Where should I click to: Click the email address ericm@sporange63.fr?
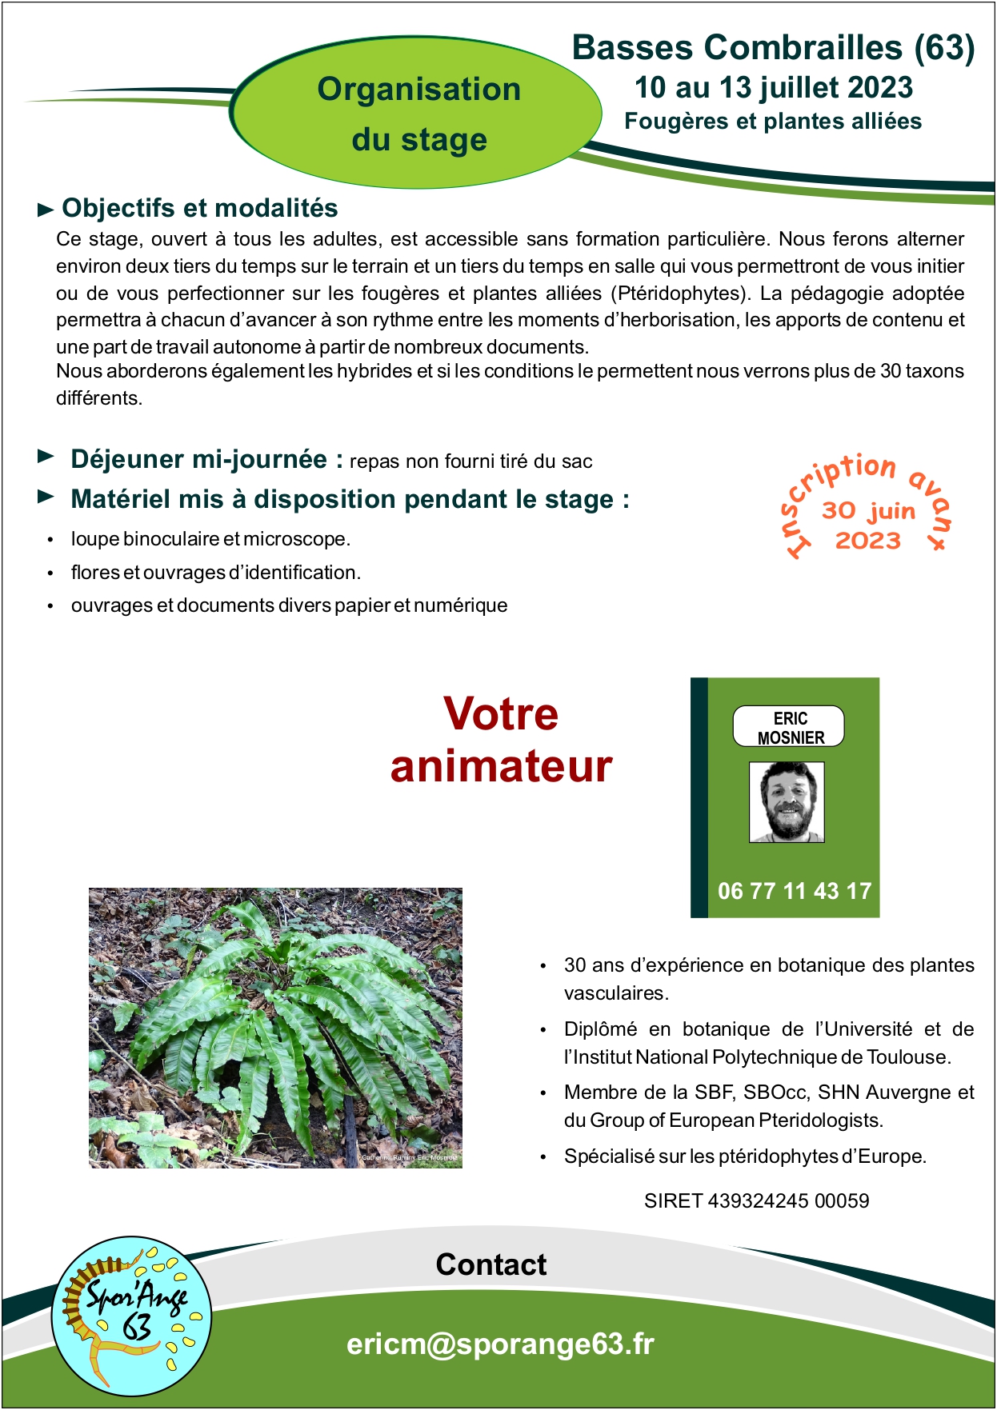[x=500, y=1344]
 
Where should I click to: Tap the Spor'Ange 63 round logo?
[x=132, y=1316]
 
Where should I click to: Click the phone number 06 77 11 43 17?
[x=794, y=891]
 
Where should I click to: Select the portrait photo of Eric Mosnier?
[x=787, y=802]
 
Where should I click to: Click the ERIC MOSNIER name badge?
[x=789, y=727]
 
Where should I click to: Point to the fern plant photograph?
[x=275, y=1028]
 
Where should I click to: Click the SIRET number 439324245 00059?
[x=756, y=1200]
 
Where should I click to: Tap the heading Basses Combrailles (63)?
[x=773, y=48]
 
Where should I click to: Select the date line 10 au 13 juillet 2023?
[x=773, y=88]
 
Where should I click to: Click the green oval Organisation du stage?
[x=418, y=114]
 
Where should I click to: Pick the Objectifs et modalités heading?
[x=200, y=208]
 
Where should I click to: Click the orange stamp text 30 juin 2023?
[x=868, y=525]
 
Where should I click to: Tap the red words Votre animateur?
[x=501, y=740]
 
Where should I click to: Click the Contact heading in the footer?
[x=490, y=1264]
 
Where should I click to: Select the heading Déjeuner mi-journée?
[x=199, y=459]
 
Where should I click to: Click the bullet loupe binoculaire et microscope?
[x=210, y=539]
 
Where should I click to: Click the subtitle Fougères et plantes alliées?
[x=773, y=122]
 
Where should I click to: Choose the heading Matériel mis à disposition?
[x=350, y=499]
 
